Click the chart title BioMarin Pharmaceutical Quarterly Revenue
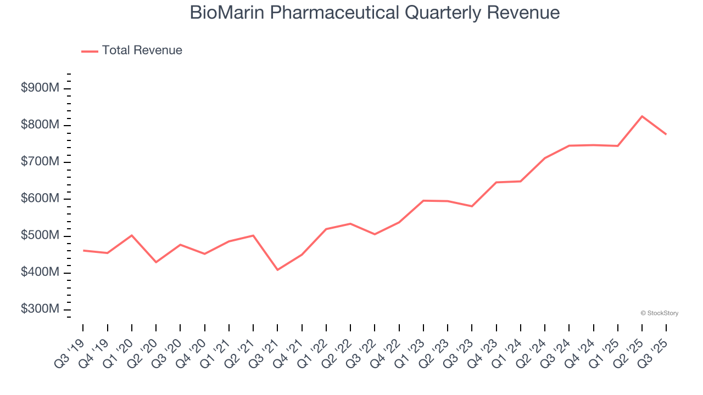375,13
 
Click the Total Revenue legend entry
132,50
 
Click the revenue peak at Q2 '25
642,116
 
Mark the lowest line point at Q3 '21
277,270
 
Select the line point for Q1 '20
132,235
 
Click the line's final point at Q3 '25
666,134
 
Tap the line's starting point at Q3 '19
83,251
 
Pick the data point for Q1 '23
423,201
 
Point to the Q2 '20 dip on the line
156,262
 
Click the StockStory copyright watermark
659,313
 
